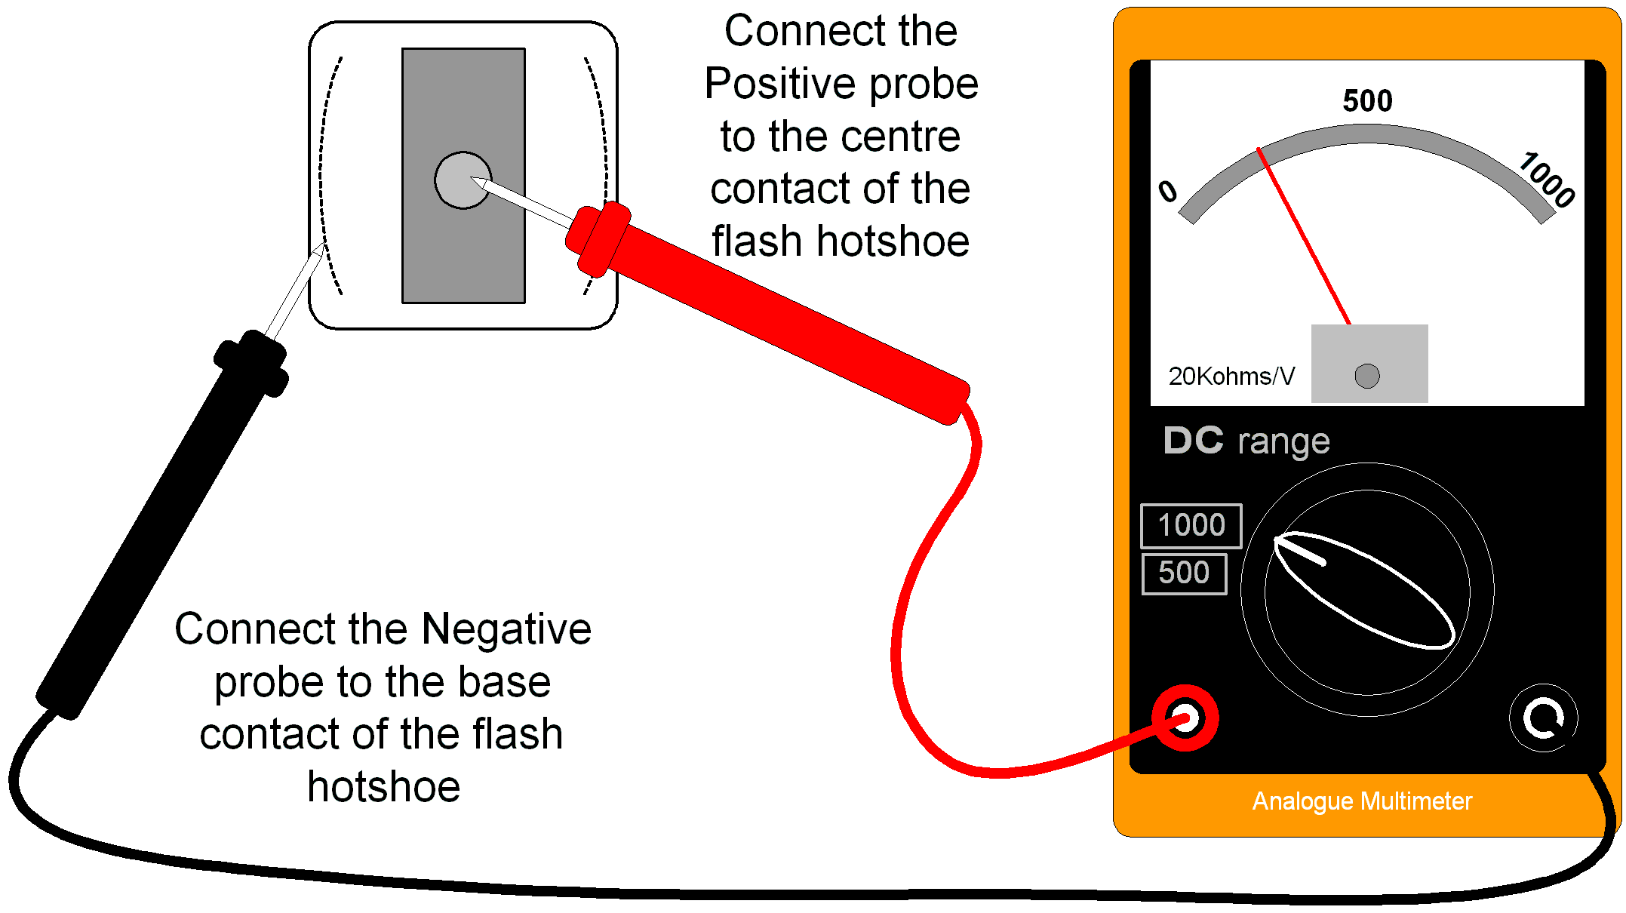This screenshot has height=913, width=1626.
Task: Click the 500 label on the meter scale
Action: point(1366,100)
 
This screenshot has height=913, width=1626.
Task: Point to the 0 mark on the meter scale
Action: point(1167,192)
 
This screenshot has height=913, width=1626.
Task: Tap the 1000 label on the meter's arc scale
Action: point(1547,180)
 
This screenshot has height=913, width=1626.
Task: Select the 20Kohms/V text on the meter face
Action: point(1231,376)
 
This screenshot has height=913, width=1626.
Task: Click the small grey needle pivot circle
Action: point(1366,376)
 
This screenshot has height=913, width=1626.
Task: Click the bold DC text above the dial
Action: point(1193,440)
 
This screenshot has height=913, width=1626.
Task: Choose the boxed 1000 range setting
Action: point(1191,525)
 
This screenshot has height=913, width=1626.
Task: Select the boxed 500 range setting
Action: point(1184,573)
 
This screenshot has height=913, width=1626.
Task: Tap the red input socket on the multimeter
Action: point(1185,718)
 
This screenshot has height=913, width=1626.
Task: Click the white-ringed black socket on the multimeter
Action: point(1542,718)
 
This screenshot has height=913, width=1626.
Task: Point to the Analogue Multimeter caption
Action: point(1361,801)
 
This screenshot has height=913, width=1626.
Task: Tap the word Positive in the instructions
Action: point(785,84)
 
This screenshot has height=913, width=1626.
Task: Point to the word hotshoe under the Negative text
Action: point(383,788)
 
